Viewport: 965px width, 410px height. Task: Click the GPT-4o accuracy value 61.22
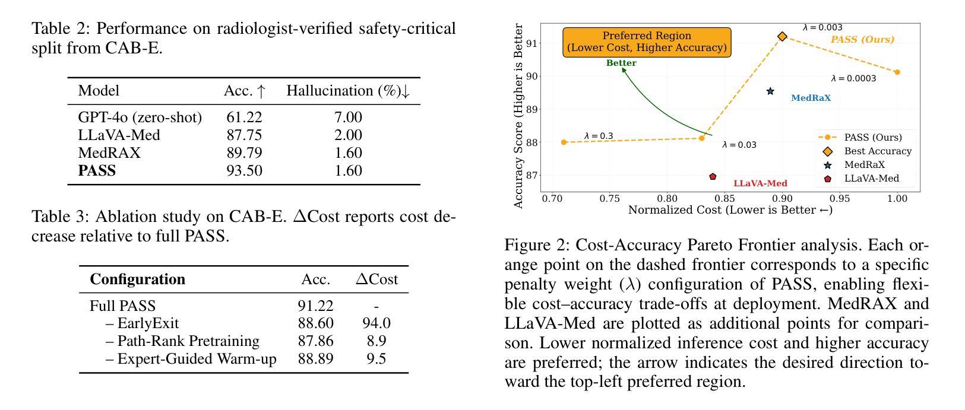244,117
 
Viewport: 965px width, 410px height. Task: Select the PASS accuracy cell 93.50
244,171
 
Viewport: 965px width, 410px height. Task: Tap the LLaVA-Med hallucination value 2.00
348,135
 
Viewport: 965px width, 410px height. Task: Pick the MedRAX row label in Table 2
109,153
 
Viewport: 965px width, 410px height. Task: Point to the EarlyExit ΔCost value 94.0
376,323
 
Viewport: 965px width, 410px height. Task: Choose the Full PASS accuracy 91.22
315,306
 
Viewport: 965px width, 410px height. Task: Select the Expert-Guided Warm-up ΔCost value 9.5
376,359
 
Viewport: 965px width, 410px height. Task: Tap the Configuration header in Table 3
137,279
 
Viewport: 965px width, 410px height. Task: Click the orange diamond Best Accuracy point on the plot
783,37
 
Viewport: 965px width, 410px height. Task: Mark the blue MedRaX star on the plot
770,91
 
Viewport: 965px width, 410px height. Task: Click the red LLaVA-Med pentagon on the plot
713,177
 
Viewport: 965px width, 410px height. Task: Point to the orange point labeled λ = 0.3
564,142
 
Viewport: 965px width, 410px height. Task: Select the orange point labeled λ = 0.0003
897,72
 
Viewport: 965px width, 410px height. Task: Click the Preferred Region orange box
647,42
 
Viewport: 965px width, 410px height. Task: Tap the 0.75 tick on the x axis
609,199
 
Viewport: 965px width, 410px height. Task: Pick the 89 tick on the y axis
531,109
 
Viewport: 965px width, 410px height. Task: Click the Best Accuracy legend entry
877,151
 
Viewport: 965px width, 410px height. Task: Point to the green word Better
621,63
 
